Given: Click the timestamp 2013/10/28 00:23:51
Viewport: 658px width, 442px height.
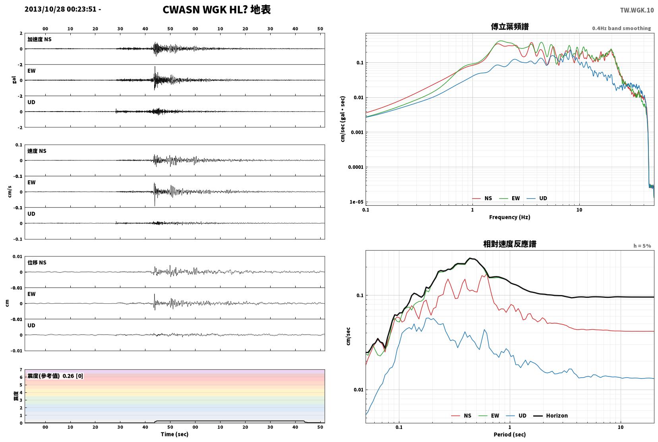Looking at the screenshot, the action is pos(60,9).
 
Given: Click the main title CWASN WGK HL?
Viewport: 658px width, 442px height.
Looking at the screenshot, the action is pos(205,10).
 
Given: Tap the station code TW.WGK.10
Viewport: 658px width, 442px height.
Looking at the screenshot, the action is pos(637,10).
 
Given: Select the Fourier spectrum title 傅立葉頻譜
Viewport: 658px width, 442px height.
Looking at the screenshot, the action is pos(510,27).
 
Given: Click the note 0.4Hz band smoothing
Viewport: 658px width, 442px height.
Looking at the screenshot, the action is pos(621,28).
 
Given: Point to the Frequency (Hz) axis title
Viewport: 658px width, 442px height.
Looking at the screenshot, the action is pos(510,217).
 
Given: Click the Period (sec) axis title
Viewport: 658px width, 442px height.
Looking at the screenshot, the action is pos(510,434).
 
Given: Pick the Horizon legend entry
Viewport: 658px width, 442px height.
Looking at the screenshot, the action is pos(550,415).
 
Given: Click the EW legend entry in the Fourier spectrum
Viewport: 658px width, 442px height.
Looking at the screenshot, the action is pos(510,199).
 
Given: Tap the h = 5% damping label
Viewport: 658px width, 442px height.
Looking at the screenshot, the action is pos(642,246).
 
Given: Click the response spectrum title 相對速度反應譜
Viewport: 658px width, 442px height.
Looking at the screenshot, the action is pos(510,244).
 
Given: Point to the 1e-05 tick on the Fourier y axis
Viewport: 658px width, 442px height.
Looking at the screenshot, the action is pos(356,202).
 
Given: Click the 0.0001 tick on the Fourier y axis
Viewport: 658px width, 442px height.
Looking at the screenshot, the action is pos(356,167).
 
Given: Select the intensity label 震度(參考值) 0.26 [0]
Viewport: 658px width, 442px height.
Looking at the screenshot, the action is pos(55,376).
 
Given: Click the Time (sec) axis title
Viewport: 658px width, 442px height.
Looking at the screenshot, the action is pos(174,434).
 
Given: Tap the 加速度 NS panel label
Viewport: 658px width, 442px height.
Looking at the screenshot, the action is pos(39,39).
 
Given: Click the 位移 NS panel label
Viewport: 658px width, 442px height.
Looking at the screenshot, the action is pos(37,262).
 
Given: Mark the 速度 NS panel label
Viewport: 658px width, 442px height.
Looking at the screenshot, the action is pos(37,151).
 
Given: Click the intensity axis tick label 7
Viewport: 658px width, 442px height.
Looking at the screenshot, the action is pos(21,369).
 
